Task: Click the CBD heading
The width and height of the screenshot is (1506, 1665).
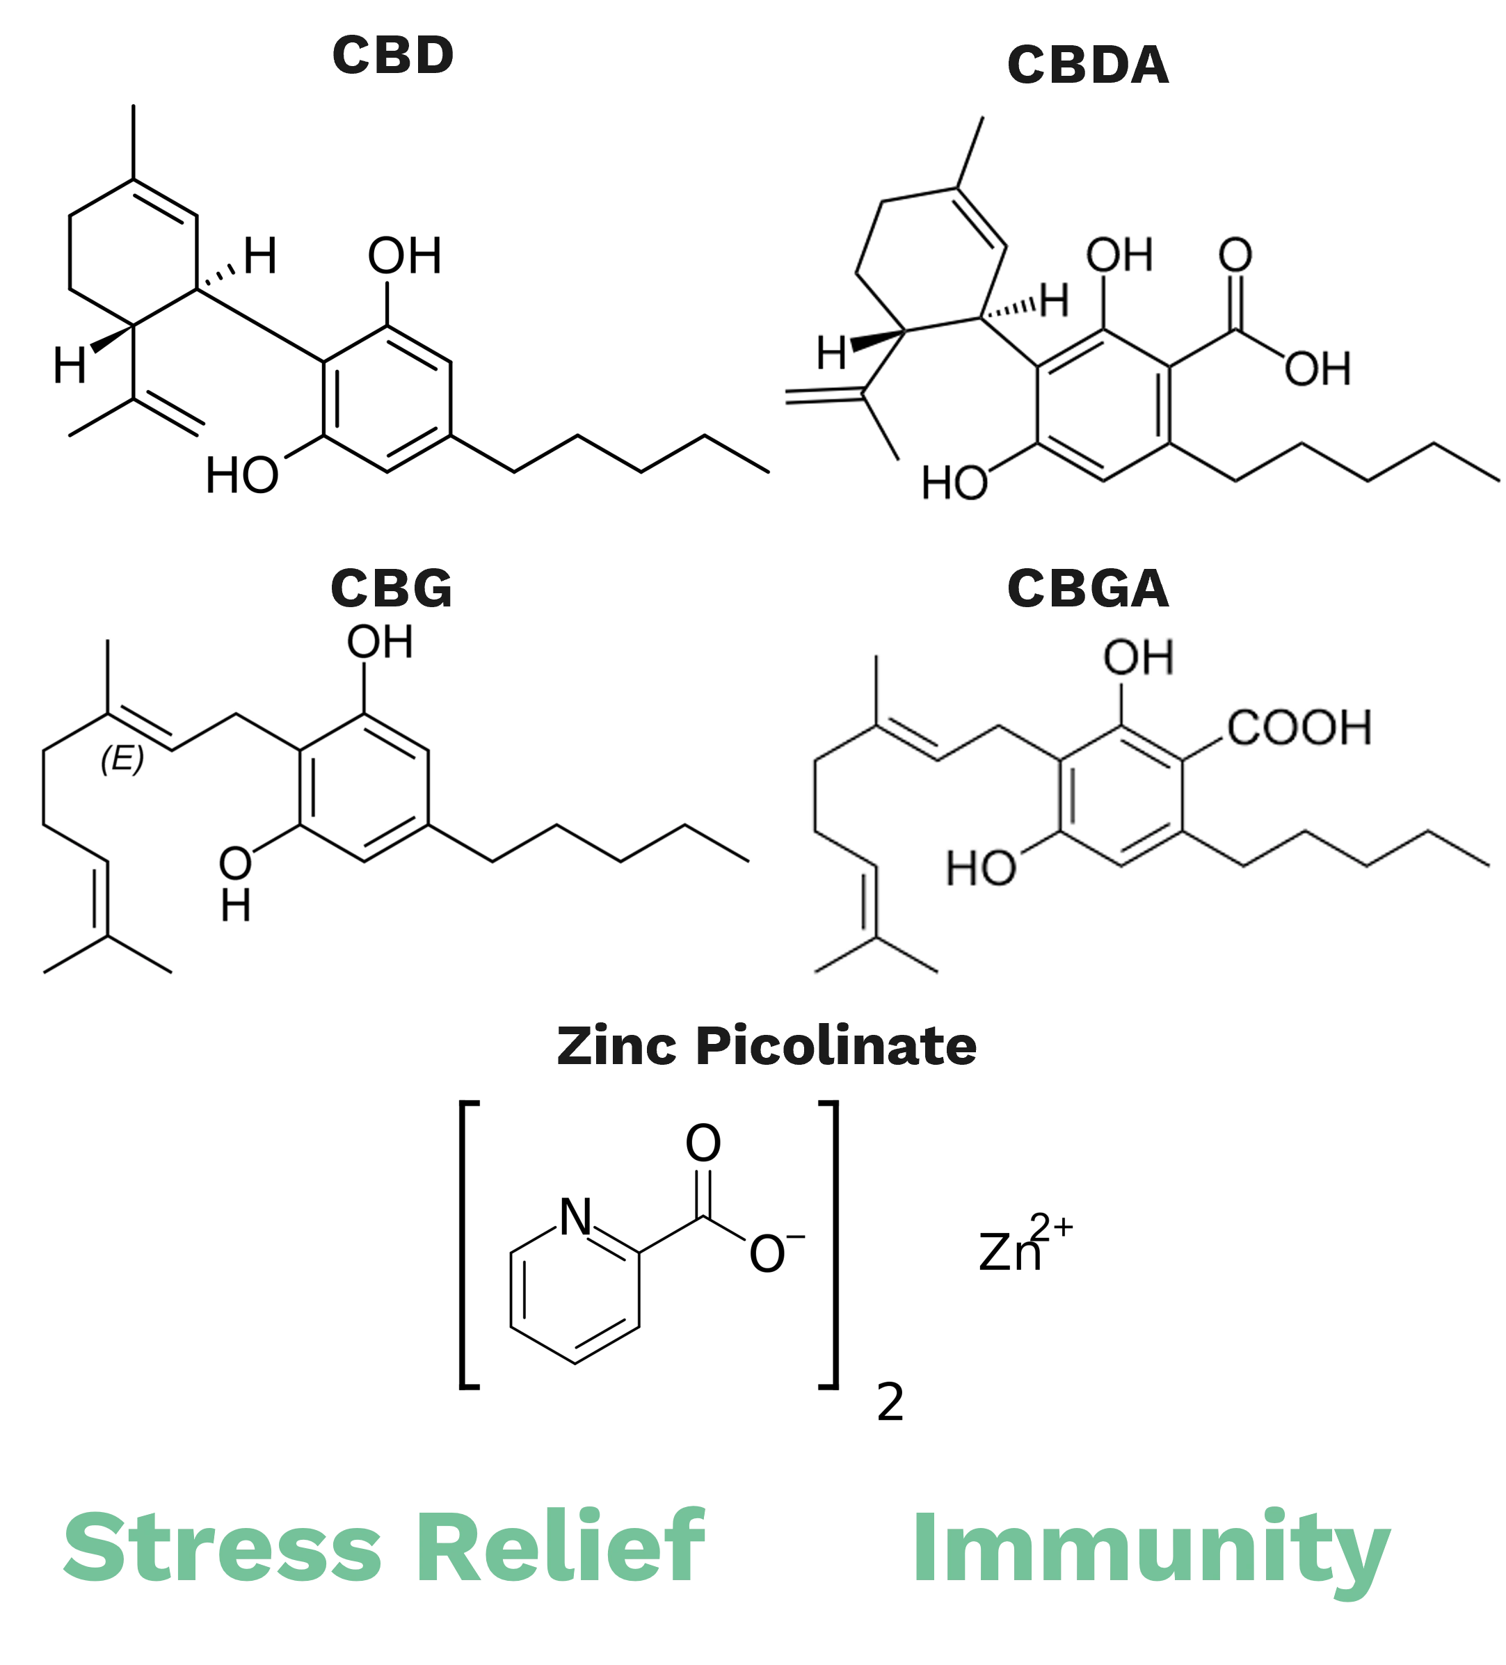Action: (x=392, y=56)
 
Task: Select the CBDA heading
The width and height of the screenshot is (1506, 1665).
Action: (x=1087, y=65)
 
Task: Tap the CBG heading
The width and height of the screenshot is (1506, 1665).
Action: (x=391, y=589)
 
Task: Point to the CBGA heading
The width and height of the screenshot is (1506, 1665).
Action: (x=1087, y=589)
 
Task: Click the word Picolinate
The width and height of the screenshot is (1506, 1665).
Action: (x=836, y=1047)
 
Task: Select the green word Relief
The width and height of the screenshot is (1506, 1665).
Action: (x=560, y=1545)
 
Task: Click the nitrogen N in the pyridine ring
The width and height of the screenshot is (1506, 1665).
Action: (x=576, y=1216)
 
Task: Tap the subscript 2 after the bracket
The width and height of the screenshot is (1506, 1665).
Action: (x=890, y=1402)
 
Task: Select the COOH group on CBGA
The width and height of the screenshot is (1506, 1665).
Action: (x=1299, y=727)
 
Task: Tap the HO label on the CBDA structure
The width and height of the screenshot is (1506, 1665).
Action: (x=954, y=483)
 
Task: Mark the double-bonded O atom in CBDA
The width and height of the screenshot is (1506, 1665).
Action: (x=1235, y=255)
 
